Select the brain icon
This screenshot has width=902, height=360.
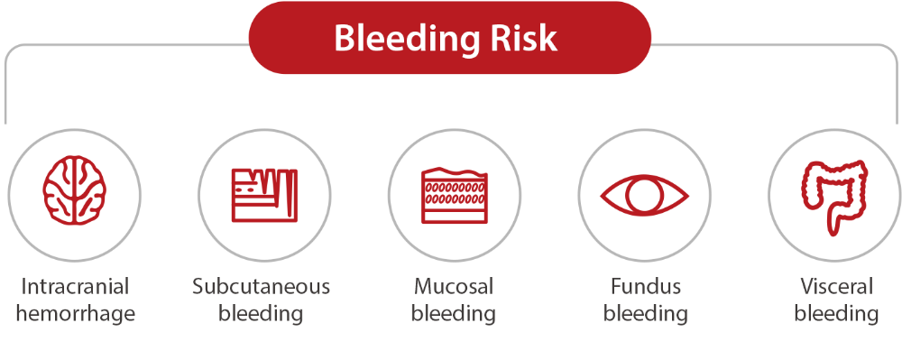tap(74, 189)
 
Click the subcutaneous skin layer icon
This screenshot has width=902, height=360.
tap(264, 195)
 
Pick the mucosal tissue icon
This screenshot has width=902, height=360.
tap(454, 195)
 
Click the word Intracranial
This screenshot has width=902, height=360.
tap(75, 286)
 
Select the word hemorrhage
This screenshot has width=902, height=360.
tap(76, 314)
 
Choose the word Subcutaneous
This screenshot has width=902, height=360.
tap(262, 286)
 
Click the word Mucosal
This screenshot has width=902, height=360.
tap(454, 286)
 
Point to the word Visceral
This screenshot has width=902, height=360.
tap(836, 286)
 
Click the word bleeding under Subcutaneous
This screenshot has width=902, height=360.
tap(261, 314)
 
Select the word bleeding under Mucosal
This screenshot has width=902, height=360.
tap(454, 314)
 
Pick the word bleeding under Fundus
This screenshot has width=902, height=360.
tap(646, 314)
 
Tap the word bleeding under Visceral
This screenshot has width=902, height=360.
tap(836, 314)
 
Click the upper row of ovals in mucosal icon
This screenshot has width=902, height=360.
tap(454, 188)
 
